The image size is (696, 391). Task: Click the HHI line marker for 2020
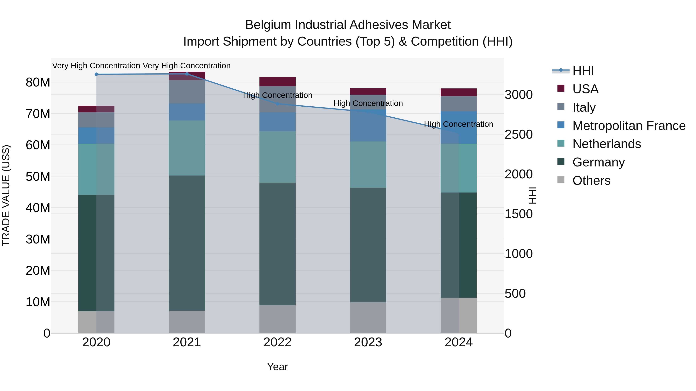coord(96,74)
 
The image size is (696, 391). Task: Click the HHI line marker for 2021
coord(187,74)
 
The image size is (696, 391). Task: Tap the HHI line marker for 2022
coord(277,104)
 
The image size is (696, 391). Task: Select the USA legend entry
coord(585,89)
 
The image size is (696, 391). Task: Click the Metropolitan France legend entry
coord(629,126)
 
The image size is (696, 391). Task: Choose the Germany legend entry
coord(598,162)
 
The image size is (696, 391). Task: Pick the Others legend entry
coord(591,181)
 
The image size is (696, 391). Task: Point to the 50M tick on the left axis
coord(38,176)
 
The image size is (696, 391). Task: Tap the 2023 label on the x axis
coord(368,342)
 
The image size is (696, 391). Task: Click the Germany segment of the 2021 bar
coord(187,243)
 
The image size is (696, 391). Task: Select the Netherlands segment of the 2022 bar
coord(277,157)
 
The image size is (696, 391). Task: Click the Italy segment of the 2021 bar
coord(187,92)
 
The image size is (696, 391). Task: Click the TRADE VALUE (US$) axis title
coord(6,195)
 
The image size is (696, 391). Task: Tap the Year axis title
coord(277,367)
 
